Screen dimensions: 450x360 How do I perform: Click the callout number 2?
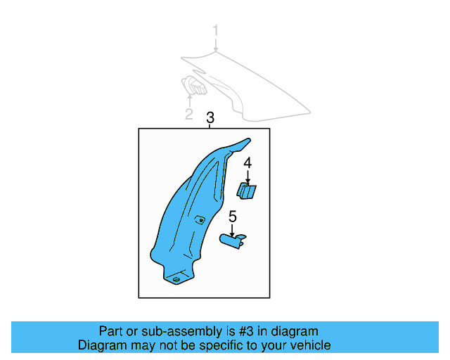coord(189,114)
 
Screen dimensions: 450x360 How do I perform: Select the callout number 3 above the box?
coord(210,117)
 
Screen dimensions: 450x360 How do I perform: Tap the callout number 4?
coord(247,163)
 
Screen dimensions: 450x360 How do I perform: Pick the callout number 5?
coord(233,217)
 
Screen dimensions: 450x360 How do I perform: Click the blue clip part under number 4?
coord(246,191)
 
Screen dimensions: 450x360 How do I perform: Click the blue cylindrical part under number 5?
coord(233,241)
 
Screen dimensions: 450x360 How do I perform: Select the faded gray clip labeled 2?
coord(194,86)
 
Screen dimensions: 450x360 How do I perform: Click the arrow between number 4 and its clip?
coord(247,177)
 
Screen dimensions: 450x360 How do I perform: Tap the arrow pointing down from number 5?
coord(232,231)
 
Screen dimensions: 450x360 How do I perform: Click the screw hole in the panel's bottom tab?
coord(176,279)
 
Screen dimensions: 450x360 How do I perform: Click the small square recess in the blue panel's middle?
coord(200,219)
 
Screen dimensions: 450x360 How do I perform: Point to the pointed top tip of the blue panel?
coord(249,140)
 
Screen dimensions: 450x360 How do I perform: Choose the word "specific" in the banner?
coord(224,346)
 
